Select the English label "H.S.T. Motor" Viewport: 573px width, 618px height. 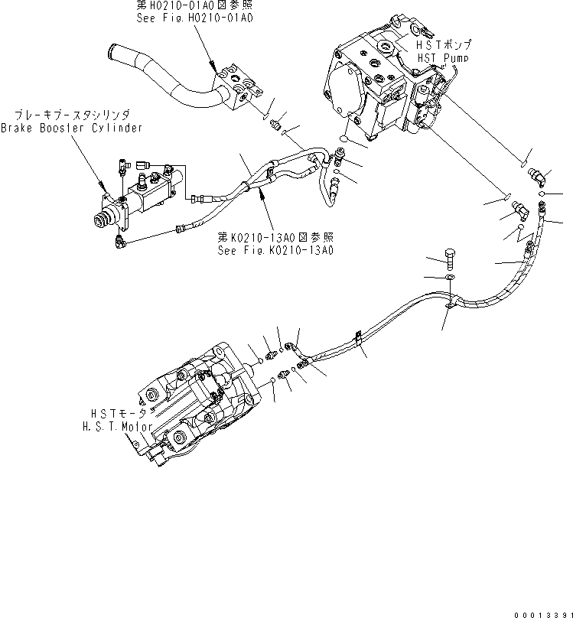pos(117,426)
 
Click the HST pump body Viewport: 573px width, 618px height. pos(383,84)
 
